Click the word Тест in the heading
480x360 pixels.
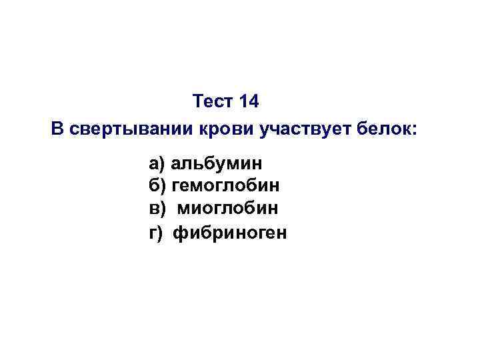pos(211,102)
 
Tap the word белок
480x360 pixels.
pos(387,129)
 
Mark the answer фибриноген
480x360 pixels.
pos(230,233)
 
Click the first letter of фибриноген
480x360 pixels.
pos(179,233)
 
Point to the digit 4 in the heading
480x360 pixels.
pos(252,102)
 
